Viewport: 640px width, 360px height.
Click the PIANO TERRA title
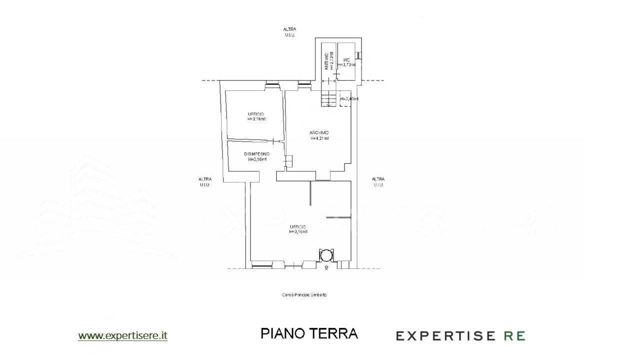tap(309, 333)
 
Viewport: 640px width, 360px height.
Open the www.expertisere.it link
tap(122, 336)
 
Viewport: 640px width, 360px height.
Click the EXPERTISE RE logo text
tap(460, 335)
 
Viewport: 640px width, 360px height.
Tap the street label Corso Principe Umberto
tap(304, 295)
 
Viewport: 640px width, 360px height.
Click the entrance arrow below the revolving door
tap(326, 268)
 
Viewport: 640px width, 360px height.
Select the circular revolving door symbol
tap(326, 255)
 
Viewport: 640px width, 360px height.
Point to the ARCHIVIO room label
tap(319, 132)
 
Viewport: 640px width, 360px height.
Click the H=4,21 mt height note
tap(319, 138)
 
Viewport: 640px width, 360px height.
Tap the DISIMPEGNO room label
tap(257, 154)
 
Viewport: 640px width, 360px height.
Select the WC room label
tap(346, 59)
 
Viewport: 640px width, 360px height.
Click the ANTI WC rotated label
tap(326, 61)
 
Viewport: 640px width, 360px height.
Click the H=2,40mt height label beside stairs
tap(349, 99)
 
